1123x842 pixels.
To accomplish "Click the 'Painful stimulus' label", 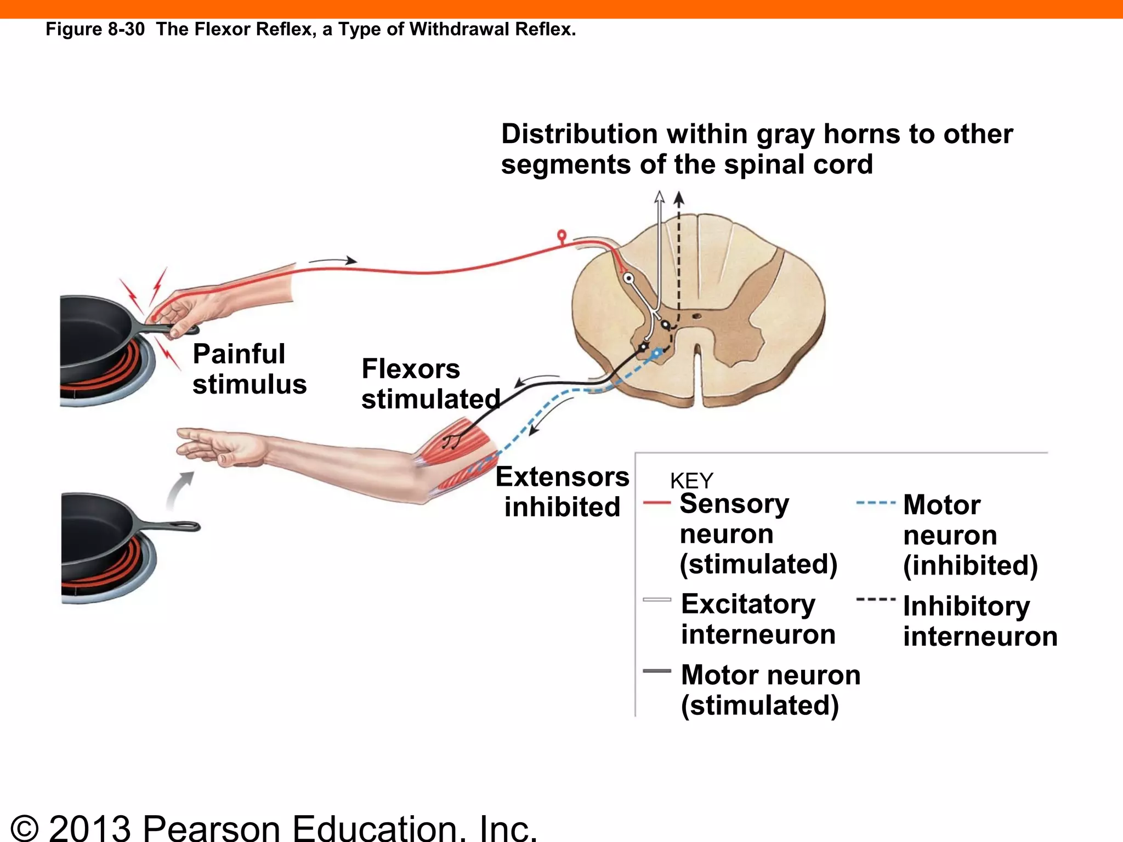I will [249, 369].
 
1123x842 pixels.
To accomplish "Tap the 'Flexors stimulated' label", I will [430, 384].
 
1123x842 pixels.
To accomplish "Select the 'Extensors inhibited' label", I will [562, 492].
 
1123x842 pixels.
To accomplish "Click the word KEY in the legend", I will [691, 481].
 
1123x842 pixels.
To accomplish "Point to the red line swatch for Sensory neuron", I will [656, 502].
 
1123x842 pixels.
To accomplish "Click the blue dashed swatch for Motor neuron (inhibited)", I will [875, 502].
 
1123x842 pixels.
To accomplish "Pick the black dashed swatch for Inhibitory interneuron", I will [875, 599].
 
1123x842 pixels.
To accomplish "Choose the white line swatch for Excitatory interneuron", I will [656, 600].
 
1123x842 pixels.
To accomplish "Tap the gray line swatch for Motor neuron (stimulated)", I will [656, 671].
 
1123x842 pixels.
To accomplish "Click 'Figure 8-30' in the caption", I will [95, 29].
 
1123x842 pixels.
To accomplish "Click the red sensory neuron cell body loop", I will [561, 236].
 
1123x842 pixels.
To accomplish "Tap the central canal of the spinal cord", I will [696, 316].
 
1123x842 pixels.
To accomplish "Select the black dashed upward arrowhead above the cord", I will [679, 197].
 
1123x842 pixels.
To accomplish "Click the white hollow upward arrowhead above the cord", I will [660, 197].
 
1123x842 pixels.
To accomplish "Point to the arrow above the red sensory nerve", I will [333, 261].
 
